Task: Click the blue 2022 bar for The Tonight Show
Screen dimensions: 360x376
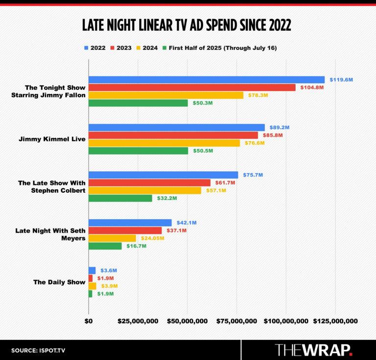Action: click(206, 80)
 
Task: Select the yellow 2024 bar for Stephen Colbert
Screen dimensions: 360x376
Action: click(144, 190)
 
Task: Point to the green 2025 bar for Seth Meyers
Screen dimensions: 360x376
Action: click(105, 246)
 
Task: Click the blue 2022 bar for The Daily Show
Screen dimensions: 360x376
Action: click(92, 270)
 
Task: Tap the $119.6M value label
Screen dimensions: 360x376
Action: click(341, 79)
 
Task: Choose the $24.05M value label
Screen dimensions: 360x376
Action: click(153, 238)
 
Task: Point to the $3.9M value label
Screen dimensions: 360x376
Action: click(109, 286)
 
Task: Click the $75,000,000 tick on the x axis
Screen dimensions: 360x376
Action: click(236, 321)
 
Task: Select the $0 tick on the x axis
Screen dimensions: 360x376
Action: click(89, 321)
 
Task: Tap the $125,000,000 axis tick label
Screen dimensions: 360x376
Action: click(335, 321)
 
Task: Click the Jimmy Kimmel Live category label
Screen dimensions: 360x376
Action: click(52, 139)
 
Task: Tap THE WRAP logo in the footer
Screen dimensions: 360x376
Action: click(314, 350)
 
